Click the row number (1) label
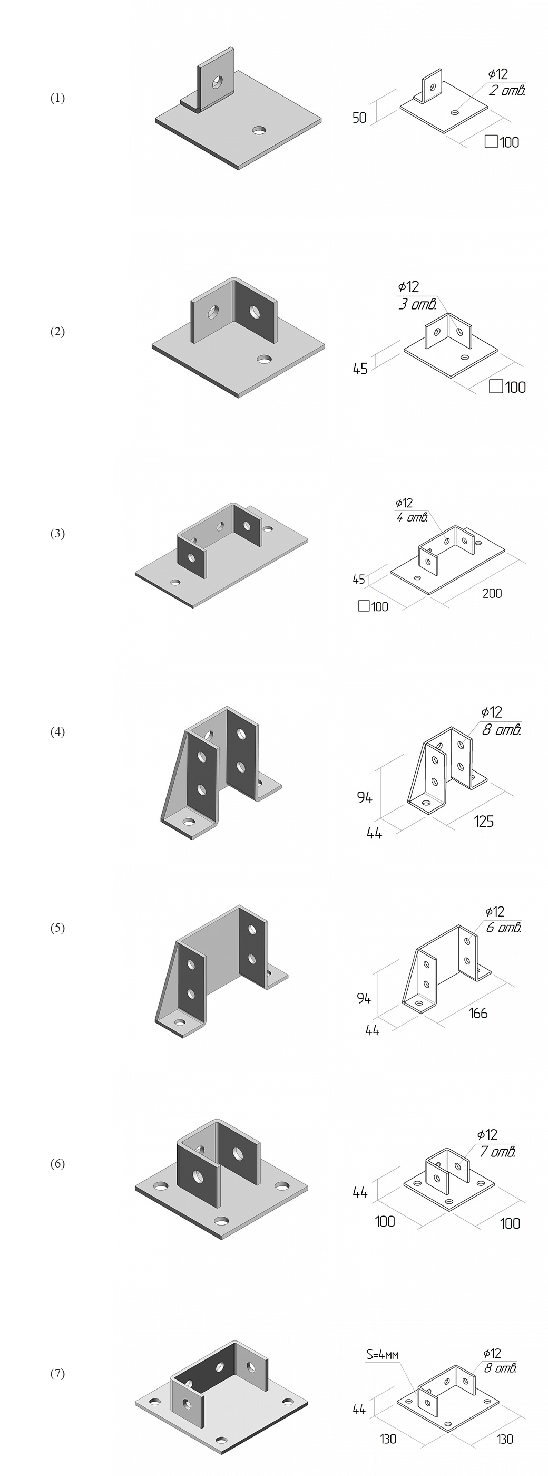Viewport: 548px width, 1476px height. pyautogui.click(x=57, y=99)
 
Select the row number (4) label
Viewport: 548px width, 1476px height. pyautogui.click(x=57, y=732)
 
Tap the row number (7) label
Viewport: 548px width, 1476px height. pyautogui.click(x=57, y=1374)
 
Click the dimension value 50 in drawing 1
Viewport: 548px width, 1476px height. pyautogui.click(x=359, y=118)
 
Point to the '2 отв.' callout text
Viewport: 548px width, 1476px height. pyautogui.click(x=507, y=91)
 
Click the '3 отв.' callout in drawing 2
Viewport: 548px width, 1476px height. pyautogui.click(x=417, y=304)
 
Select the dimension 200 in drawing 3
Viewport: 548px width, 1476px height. pyautogui.click(x=492, y=594)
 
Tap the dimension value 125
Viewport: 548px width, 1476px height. pyautogui.click(x=483, y=822)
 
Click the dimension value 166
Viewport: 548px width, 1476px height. pyautogui.click(x=478, y=1014)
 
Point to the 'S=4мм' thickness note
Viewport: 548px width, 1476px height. pyautogui.click(x=383, y=1355)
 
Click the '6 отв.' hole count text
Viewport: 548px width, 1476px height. pyautogui.click(x=504, y=928)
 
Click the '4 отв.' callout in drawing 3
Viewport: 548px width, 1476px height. pyautogui.click(x=412, y=518)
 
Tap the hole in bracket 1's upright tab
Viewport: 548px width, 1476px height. pyautogui.click(x=218, y=82)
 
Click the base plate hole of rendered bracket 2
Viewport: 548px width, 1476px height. pyautogui.click(x=264, y=359)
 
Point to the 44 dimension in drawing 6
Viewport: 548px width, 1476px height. pyautogui.click(x=359, y=1192)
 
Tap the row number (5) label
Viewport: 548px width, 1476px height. pyautogui.click(x=57, y=928)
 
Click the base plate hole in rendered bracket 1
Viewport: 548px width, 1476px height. pyautogui.click(x=259, y=131)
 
